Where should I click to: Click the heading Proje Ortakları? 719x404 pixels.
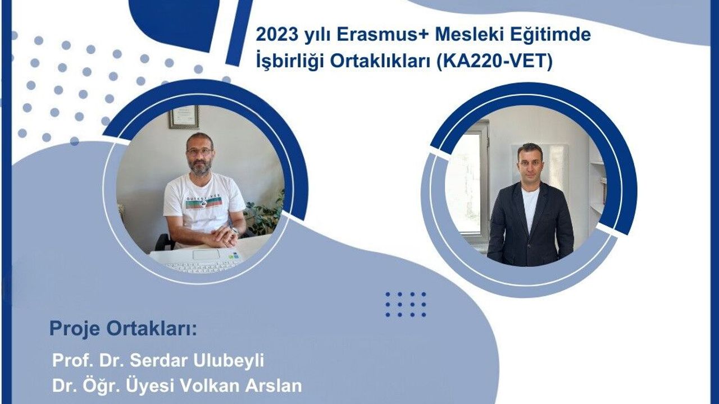[x=124, y=329]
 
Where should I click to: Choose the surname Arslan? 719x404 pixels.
[x=275, y=385]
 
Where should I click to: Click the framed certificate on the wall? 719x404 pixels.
[x=184, y=117]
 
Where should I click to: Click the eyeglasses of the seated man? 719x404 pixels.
[x=199, y=151]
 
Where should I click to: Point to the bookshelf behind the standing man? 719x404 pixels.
[x=595, y=185]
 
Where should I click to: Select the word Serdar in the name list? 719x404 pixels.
[x=148, y=360]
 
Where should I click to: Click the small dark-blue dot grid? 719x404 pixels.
[x=406, y=304]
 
